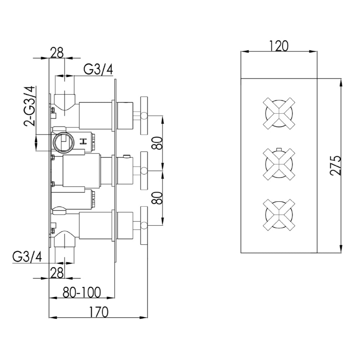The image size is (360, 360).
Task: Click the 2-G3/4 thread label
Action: tap(30, 106)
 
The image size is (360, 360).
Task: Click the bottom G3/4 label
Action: tap(27, 257)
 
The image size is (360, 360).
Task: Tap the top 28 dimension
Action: tap(57, 53)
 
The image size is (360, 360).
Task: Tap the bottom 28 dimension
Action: tap(57, 273)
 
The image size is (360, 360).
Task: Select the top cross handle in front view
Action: tap(280, 113)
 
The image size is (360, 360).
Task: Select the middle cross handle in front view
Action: tap(280, 164)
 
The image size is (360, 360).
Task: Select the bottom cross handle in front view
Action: tap(280, 215)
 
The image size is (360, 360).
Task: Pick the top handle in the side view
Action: tap(144, 115)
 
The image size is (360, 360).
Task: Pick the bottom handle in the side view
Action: tap(144, 226)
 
